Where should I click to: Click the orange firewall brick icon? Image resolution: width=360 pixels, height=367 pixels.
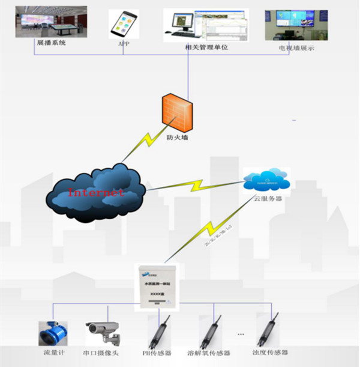[179, 111]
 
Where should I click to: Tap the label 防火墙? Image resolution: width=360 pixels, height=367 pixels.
[178, 137]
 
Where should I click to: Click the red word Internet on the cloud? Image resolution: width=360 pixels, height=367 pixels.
[96, 193]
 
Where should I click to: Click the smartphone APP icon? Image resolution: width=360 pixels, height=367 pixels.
[123, 24]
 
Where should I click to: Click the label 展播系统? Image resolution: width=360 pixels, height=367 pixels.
[52, 43]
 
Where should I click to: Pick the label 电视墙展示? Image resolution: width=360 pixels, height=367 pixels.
[296, 48]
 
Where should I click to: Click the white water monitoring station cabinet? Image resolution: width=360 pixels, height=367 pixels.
[157, 285]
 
